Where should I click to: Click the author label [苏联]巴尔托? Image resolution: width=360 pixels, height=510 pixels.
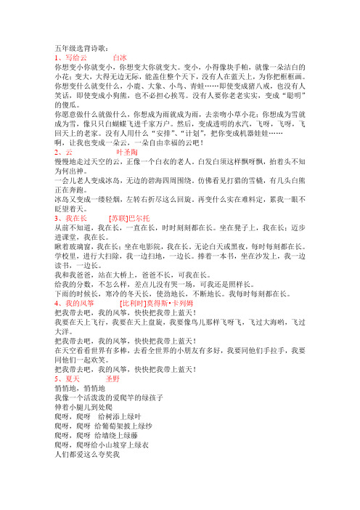(130, 237)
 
